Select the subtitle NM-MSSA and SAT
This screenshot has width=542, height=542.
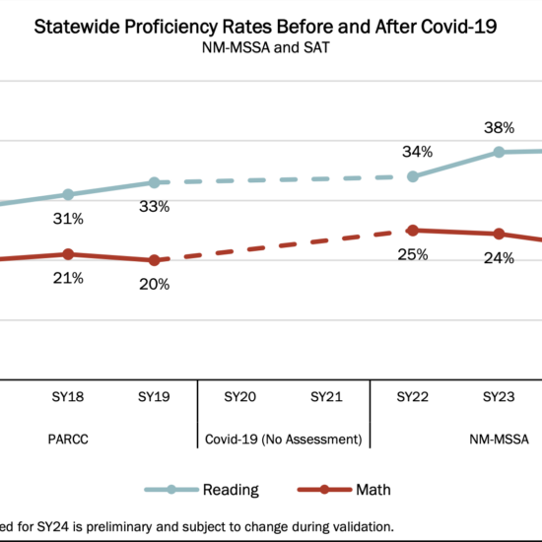coord(265,51)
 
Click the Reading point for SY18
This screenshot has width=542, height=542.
coord(68,194)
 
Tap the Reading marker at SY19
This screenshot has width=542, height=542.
coord(154,182)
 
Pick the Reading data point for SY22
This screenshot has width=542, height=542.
coord(412,176)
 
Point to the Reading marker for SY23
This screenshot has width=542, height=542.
coord(499,152)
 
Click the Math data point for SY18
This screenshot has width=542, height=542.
coord(68,254)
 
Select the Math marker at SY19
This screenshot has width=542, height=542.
coord(154,260)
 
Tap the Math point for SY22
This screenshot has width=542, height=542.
coord(412,230)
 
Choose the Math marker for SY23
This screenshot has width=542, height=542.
coord(499,234)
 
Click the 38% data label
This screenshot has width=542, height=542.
coord(499,128)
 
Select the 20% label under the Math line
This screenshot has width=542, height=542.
coord(154,284)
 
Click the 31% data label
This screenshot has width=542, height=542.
coord(68,218)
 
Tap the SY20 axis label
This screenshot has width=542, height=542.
coord(240,397)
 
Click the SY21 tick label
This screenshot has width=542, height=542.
coord(326,397)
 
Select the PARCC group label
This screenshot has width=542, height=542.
coord(68,438)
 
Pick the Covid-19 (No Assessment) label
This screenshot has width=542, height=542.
coord(284,438)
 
